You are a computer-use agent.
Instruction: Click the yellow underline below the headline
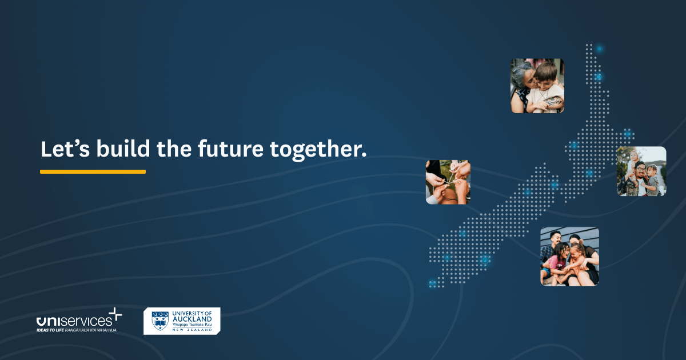pyautogui.click(x=93, y=171)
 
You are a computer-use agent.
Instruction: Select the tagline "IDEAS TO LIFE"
pyautogui.click(x=49, y=330)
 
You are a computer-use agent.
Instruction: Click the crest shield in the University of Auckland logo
pyautogui.click(x=159, y=321)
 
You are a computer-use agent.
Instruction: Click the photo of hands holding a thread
pyautogui.click(x=448, y=182)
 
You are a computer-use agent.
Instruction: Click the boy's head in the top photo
pyautogui.click(x=546, y=73)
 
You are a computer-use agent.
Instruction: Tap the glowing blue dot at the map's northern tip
pyautogui.click(x=599, y=49)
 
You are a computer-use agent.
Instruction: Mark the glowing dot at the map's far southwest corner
pyautogui.click(x=432, y=283)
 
